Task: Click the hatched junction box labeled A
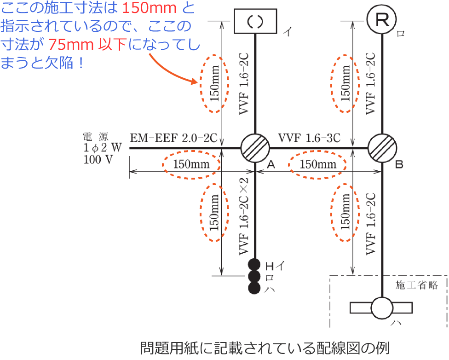[x=255, y=148]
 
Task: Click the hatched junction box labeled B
[x=382, y=148]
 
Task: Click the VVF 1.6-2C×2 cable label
[x=244, y=216]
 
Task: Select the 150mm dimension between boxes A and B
[x=317, y=164]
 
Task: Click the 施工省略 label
[x=416, y=285]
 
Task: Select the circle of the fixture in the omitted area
[x=382, y=308]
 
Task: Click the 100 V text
[x=98, y=160]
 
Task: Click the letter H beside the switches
[x=270, y=265]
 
